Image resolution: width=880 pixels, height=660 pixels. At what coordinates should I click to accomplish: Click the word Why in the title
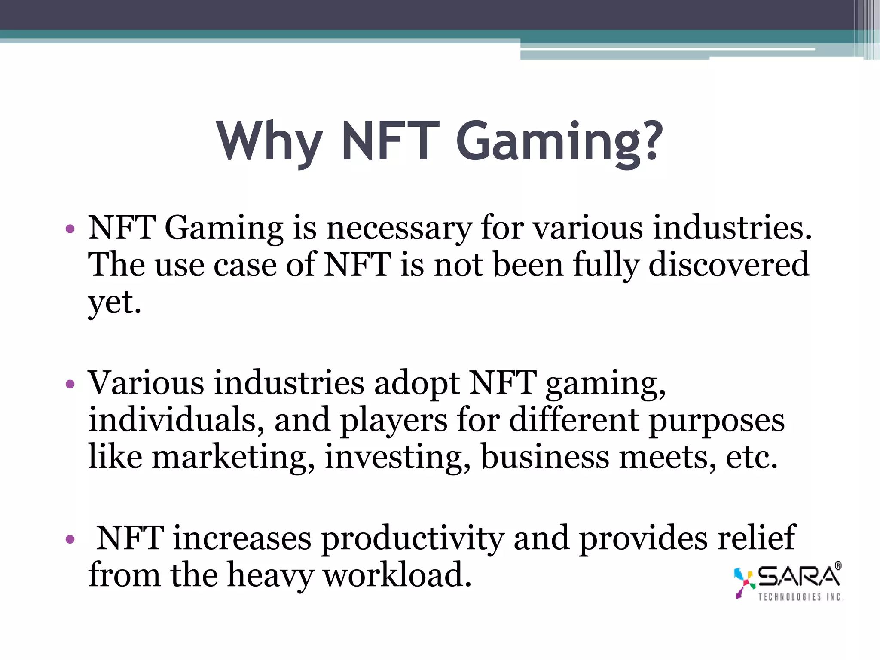click(x=269, y=141)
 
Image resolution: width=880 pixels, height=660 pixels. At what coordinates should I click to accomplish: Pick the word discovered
click(x=729, y=265)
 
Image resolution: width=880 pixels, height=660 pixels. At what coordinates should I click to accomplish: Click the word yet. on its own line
click(x=114, y=302)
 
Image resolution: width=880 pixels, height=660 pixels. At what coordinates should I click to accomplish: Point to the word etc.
click(x=752, y=457)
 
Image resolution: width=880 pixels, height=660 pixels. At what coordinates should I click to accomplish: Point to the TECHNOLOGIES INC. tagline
click(x=801, y=597)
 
